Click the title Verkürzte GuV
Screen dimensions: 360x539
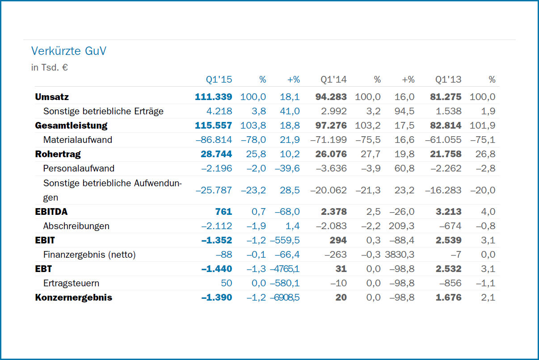[x=69, y=51]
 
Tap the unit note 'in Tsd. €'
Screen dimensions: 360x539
[x=49, y=68]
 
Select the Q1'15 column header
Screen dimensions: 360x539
[x=219, y=80]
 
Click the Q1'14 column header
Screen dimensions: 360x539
[x=333, y=80]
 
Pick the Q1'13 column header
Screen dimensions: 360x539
[x=448, y=80]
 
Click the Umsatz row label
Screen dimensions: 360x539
[x=52, y=97]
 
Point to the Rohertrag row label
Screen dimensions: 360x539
[x=58, y=154]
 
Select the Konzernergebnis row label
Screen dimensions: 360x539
[x=73, y=297]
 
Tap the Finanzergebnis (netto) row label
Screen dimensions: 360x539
[x=89, y=255]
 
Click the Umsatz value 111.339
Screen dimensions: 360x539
[x=214, y=97]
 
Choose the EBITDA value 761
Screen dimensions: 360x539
[x=224, y=212]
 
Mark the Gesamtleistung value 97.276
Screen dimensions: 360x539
[x=331, y=126]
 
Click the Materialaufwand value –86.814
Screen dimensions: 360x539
[x=214, y=140]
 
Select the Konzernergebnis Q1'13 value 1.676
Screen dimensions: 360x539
[x=449, y=297]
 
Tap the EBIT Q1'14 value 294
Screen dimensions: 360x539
[x=338, y=240]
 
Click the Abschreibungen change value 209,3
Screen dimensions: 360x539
[x=402, y=226]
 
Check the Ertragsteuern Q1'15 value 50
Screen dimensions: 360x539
[x=227, y=283]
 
